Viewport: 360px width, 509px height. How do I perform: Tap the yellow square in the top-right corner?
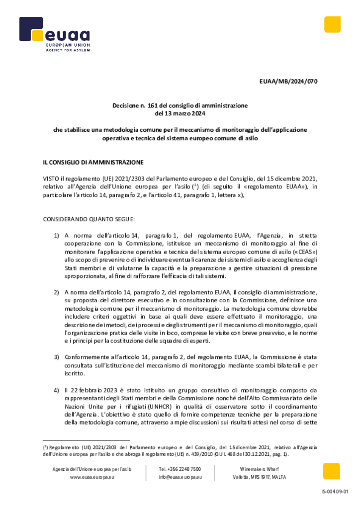[x=332, y=24]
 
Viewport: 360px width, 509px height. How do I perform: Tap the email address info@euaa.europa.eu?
[x=180, y=477]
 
